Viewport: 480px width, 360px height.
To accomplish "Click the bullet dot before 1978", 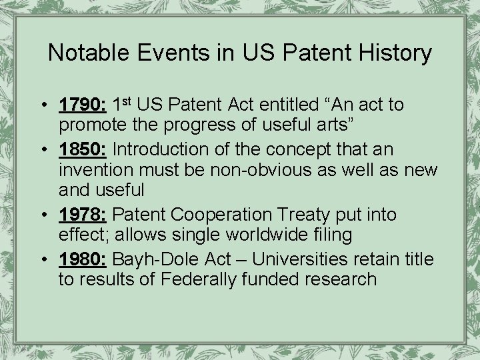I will [x=42, y=215].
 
